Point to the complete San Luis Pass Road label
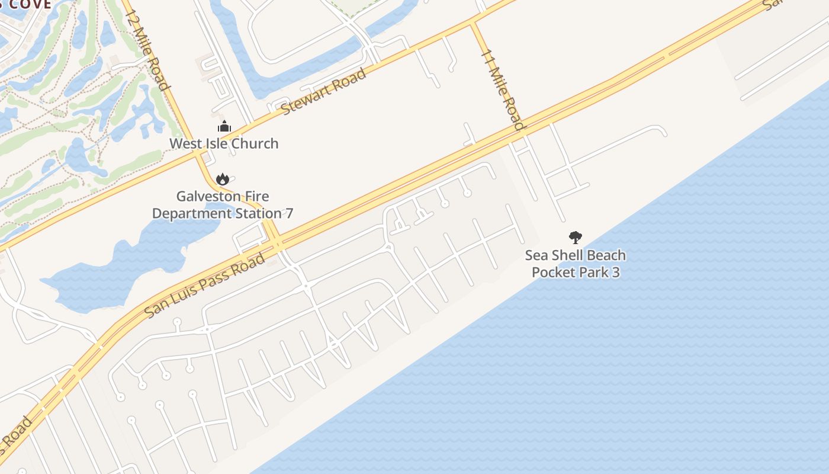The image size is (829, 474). (205, 286)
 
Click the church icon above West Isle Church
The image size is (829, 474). (224, 127)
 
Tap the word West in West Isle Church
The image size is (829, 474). (183, 143)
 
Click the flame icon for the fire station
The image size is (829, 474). (222, 179)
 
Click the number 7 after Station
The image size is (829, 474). (289, 213)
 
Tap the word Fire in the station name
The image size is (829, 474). (257, 196)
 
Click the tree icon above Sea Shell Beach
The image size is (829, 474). (575, 238)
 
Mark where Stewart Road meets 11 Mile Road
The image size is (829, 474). (473, 23)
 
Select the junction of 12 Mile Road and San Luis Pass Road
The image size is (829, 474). (275, 244)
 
